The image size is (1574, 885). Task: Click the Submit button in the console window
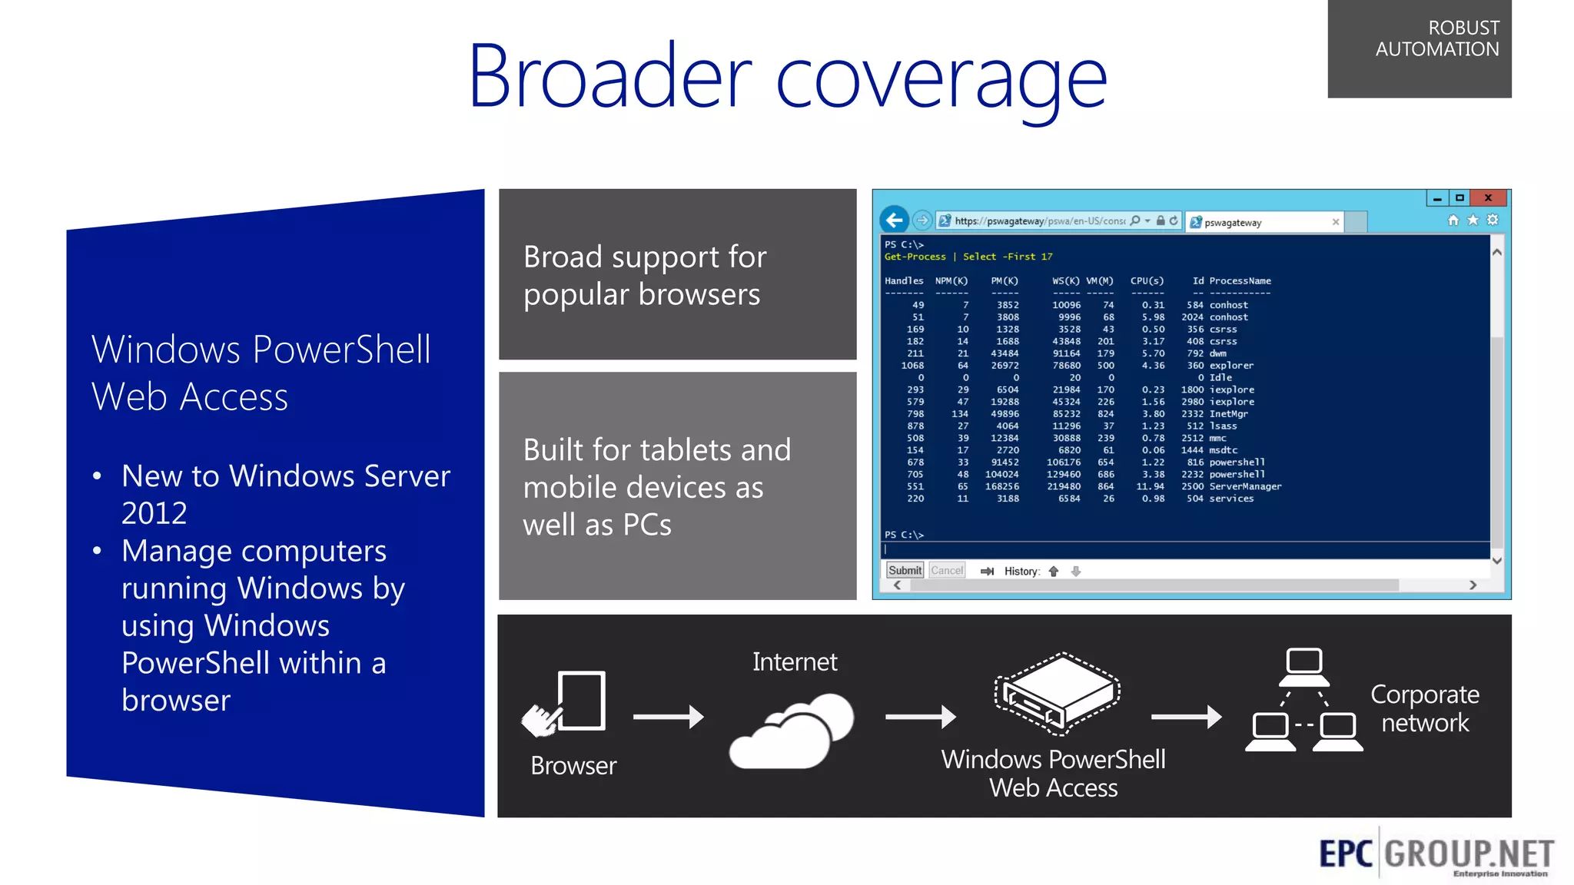click(905, 570)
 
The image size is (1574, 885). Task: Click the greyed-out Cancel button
click(947, 570)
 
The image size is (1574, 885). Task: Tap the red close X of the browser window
click(1488, 198)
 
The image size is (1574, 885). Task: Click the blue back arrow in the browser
click(894, 220)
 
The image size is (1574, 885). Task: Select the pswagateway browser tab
click(1260, 223)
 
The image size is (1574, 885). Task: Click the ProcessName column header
click(1240, 281)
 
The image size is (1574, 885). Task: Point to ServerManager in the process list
click(1245, 486)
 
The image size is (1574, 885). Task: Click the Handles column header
click(904, 281)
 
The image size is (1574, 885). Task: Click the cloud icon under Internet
click(792, 730)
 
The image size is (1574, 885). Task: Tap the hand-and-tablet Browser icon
click(565, 703)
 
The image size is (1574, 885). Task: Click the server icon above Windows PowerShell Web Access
click(1058, 690)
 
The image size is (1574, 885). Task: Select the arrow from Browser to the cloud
click(668, 717)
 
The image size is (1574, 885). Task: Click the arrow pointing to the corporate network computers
click(1186, 717)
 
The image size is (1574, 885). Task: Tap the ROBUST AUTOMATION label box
click(1419, 48)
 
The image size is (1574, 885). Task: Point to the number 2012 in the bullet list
click(154, 513)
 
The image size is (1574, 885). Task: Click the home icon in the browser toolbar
click(1453, 220)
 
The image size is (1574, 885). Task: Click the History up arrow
click(1054, 571)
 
